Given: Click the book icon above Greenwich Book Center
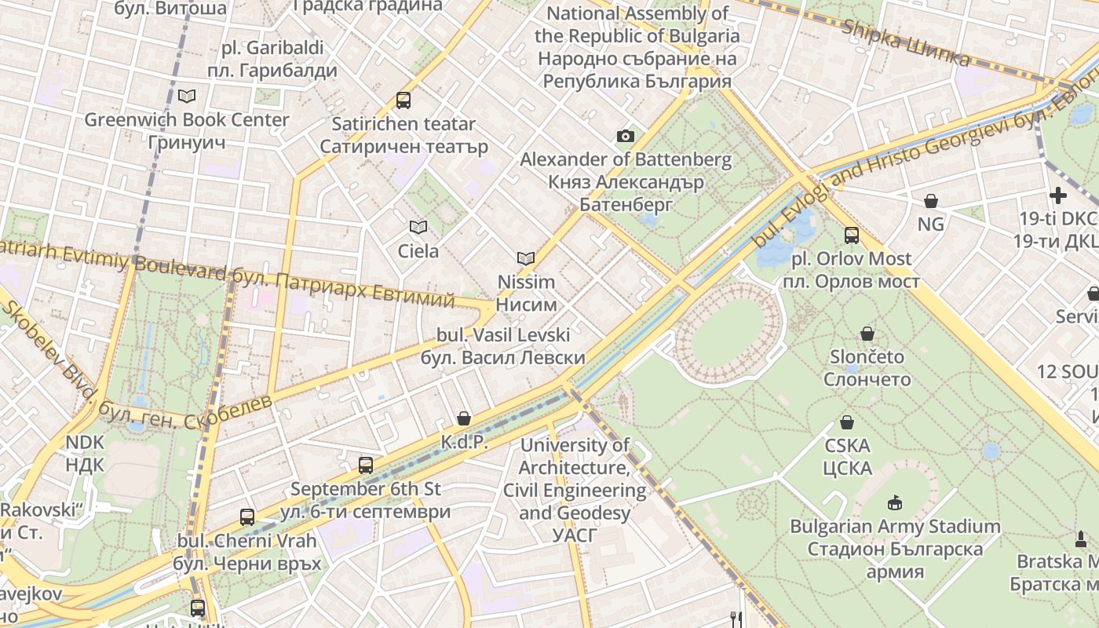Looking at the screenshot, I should [186, 96].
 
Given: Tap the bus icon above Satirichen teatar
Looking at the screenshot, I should [403, 100].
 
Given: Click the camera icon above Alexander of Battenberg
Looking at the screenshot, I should [625, 136].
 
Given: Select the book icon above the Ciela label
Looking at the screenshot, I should [418, 227].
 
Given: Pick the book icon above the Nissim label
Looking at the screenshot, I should [526, 257].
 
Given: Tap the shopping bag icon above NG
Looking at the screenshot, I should [930, 201].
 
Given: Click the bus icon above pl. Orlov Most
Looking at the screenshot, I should [852, 235].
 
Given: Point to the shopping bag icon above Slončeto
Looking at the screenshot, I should [867, 333].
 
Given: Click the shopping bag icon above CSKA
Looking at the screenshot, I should [847, 422].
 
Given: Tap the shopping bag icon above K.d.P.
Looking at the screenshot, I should [464, 418].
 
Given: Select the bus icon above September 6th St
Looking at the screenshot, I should [366, 465].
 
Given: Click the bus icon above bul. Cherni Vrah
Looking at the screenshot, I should [247, 517].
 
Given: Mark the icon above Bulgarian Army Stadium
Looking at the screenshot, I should [894, 502].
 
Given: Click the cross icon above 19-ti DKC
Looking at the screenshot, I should [1058, 195].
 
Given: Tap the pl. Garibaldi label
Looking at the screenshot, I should [272, 59].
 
